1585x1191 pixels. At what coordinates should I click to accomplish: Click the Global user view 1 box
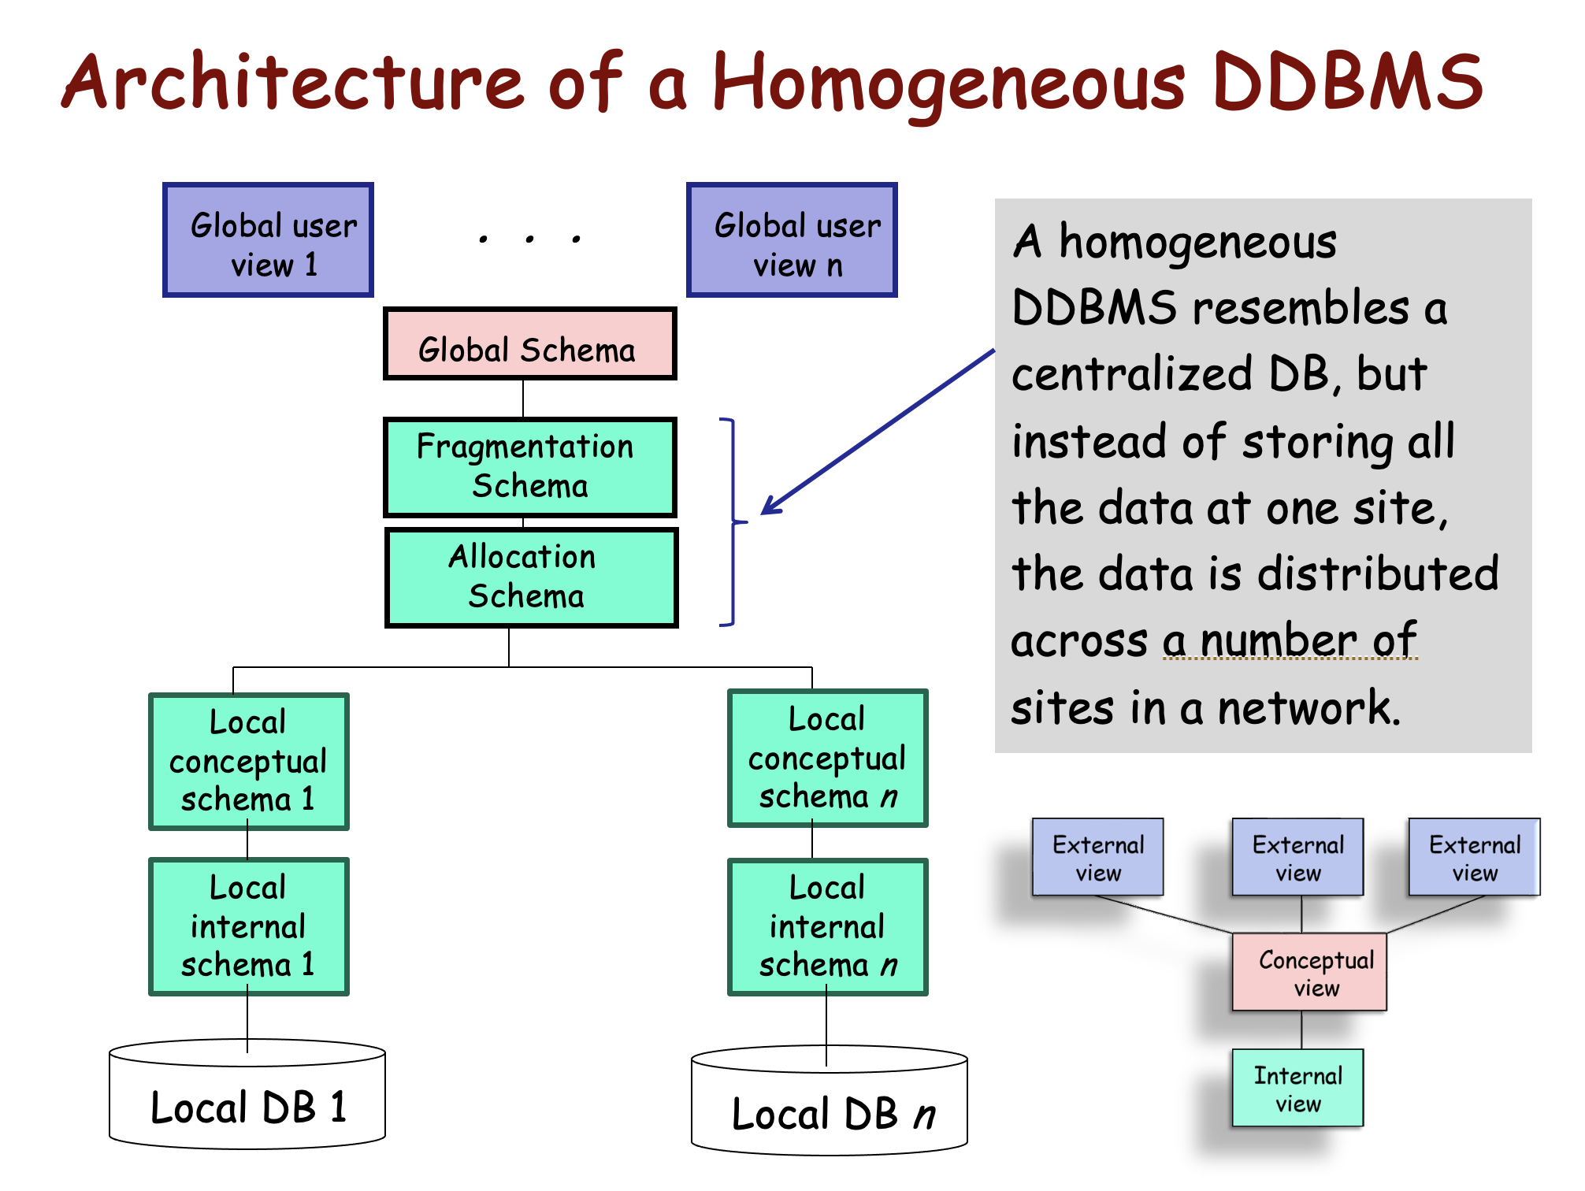point(268,240)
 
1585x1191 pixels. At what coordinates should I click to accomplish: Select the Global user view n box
point(792,240)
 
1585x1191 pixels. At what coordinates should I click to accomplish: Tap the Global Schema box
point(529,344)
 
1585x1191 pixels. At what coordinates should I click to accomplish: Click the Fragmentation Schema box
point(529,467)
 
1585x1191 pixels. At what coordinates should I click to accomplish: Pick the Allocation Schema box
point(531,577)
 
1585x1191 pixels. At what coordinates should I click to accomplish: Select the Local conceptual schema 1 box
point(248,761)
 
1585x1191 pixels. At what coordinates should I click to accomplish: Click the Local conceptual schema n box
point(827,758)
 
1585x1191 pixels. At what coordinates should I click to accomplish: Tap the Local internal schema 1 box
point(248,926)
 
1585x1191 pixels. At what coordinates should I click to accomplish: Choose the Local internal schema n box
point(827,926)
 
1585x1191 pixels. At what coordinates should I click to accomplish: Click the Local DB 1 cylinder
point(247,1103)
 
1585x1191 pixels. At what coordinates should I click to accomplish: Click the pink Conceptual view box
point(1309,972)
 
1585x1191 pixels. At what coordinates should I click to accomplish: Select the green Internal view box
point(1297,1088)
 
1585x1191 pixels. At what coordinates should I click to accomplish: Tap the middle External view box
point(1297,857)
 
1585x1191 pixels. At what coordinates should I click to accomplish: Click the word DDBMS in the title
point(1347,83)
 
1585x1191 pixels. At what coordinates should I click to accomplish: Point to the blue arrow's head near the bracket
point(767,510)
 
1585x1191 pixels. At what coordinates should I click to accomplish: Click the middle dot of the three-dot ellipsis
point(529,239)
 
